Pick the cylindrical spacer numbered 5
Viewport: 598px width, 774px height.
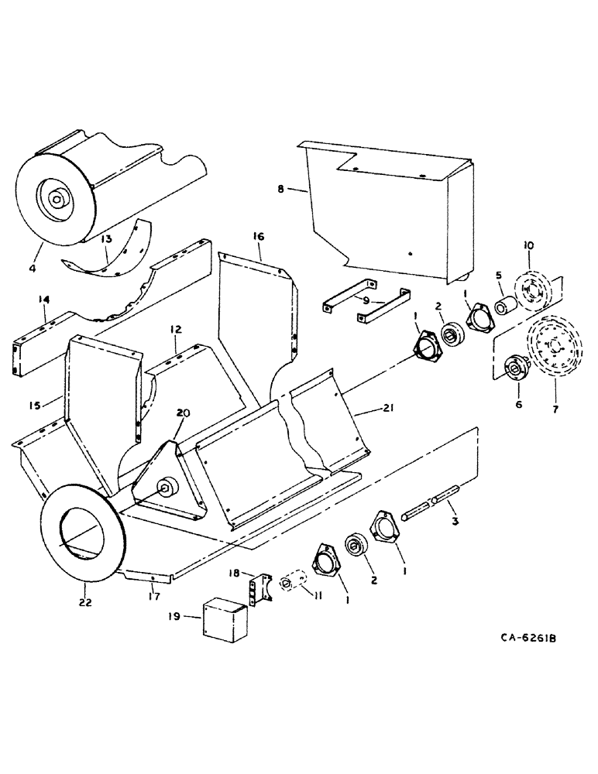click(x=503, y=303)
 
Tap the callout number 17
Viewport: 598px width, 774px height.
click(x=152, y=596)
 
